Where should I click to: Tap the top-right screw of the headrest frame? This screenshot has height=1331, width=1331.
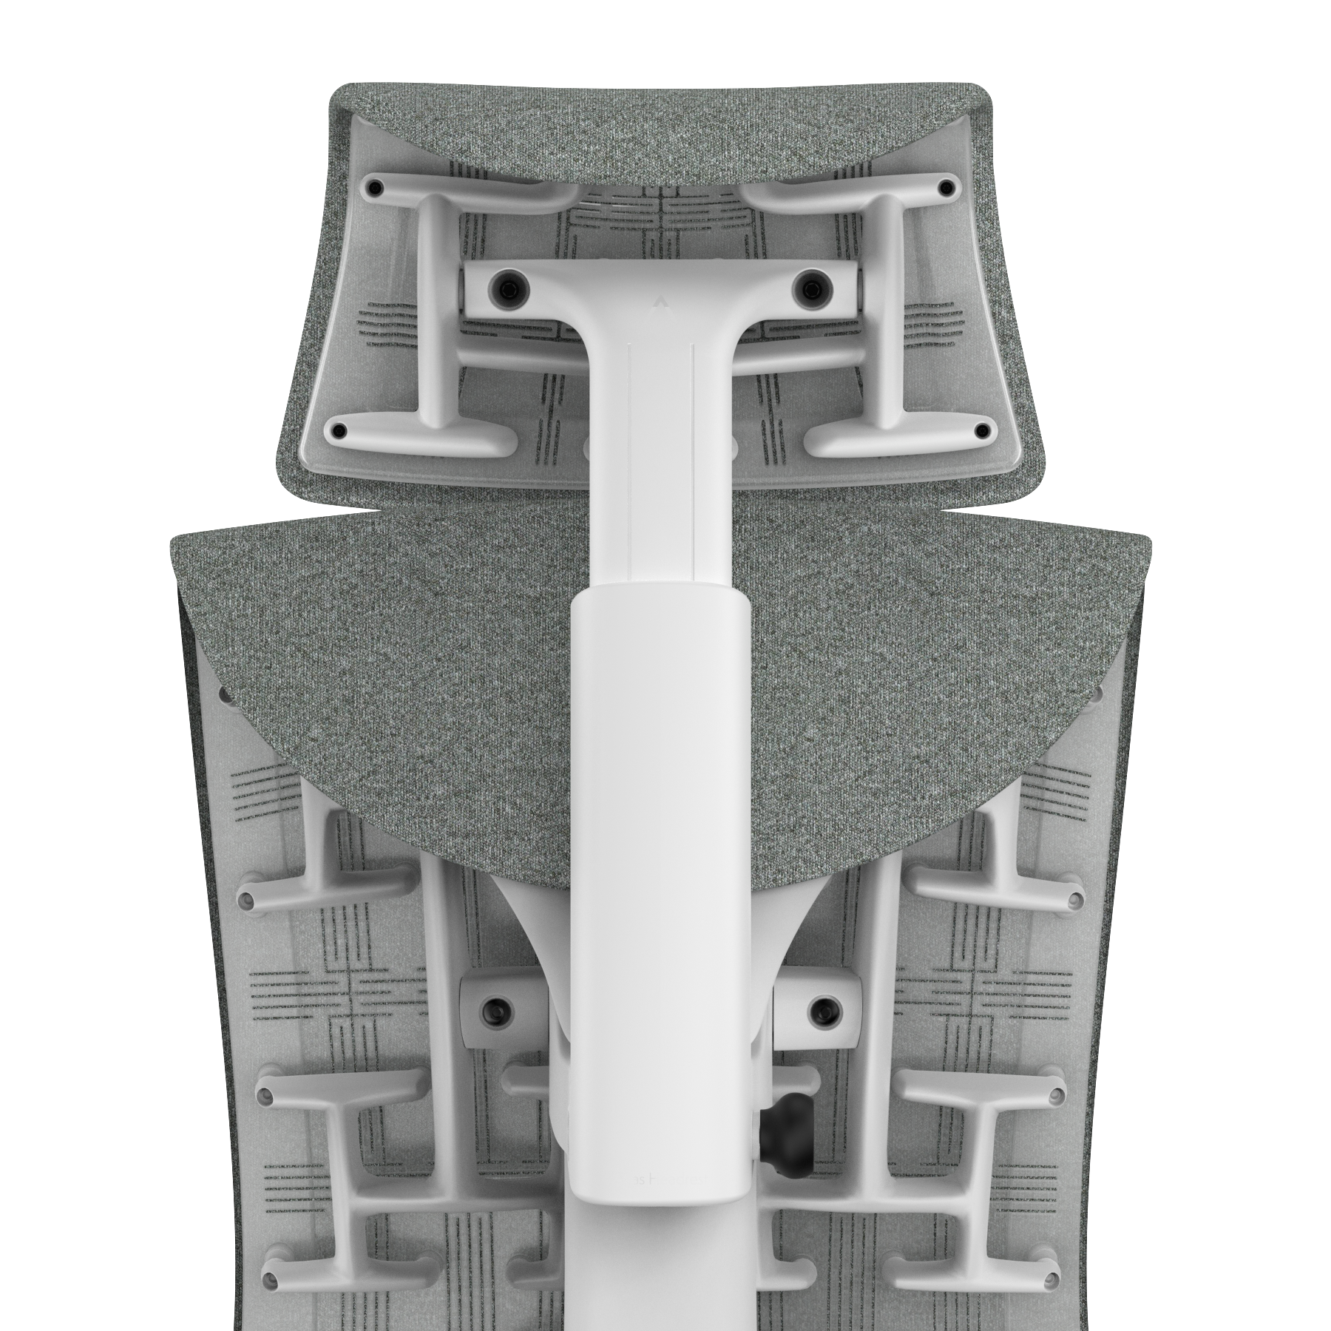pyautogui.click(x=946, y=188)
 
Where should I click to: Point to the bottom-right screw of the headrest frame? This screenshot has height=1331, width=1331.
pyautogui.click(x=982, y=430)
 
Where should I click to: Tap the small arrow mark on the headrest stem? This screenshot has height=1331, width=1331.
pyautogui.click(x=660, y=302)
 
